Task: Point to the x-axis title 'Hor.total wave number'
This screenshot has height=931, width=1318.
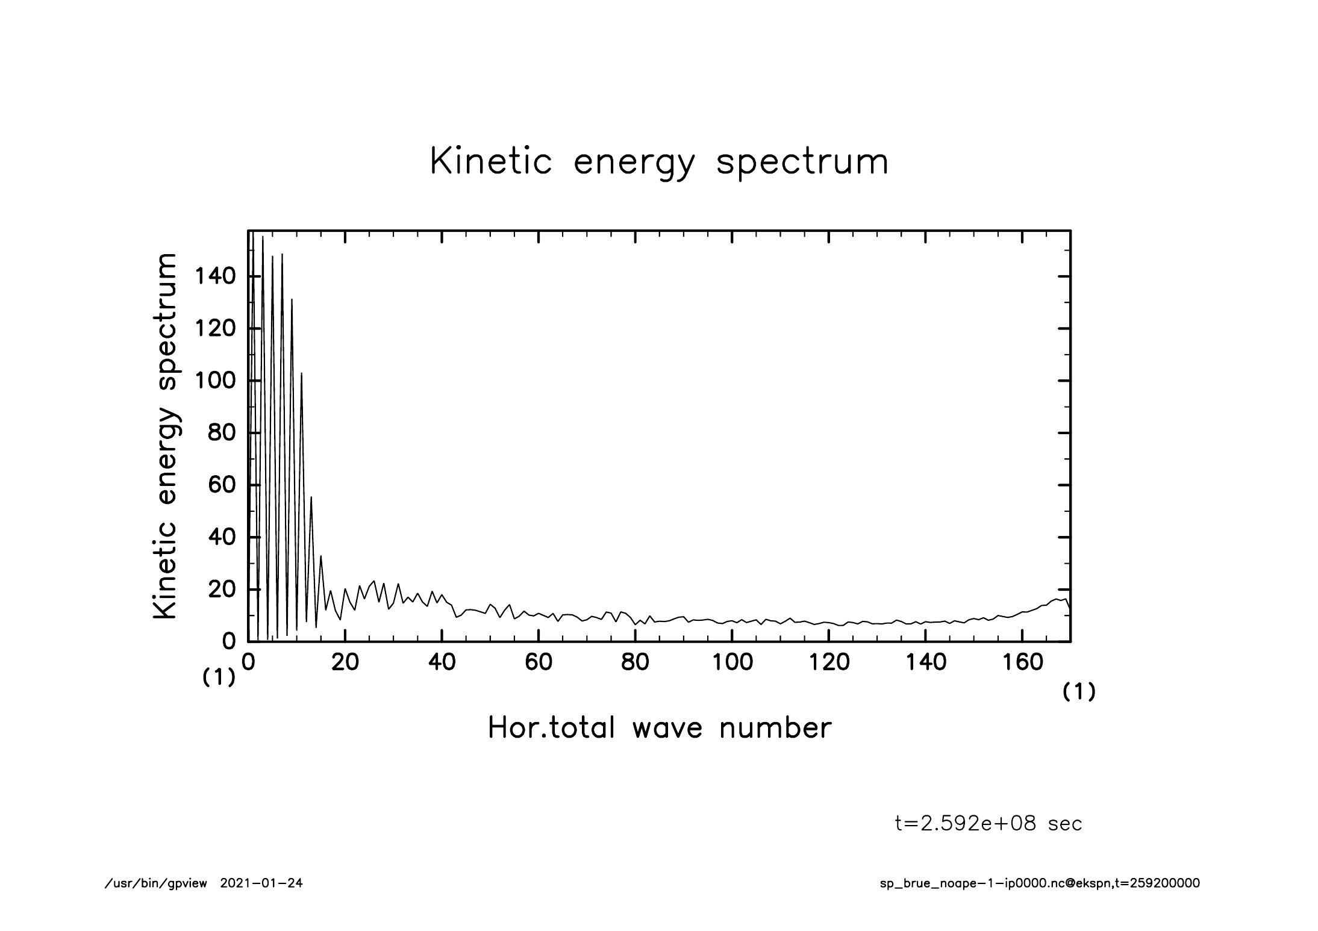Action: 660,727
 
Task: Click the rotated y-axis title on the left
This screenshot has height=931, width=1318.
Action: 165,437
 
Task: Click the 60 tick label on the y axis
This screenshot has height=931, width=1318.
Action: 221,485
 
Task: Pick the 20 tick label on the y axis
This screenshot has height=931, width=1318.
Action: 221,590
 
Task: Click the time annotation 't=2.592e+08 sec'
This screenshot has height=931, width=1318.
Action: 988,824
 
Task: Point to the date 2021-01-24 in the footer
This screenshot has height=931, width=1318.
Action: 261,883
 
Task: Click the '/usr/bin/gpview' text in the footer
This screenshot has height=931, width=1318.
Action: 156,883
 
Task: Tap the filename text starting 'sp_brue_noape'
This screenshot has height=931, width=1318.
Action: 1040,883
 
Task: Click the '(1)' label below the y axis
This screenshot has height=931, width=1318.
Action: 218,678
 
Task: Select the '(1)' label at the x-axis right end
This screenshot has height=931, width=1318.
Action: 1078,693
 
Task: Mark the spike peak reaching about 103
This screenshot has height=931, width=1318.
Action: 301,373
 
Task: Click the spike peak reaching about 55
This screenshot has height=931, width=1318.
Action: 311,497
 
